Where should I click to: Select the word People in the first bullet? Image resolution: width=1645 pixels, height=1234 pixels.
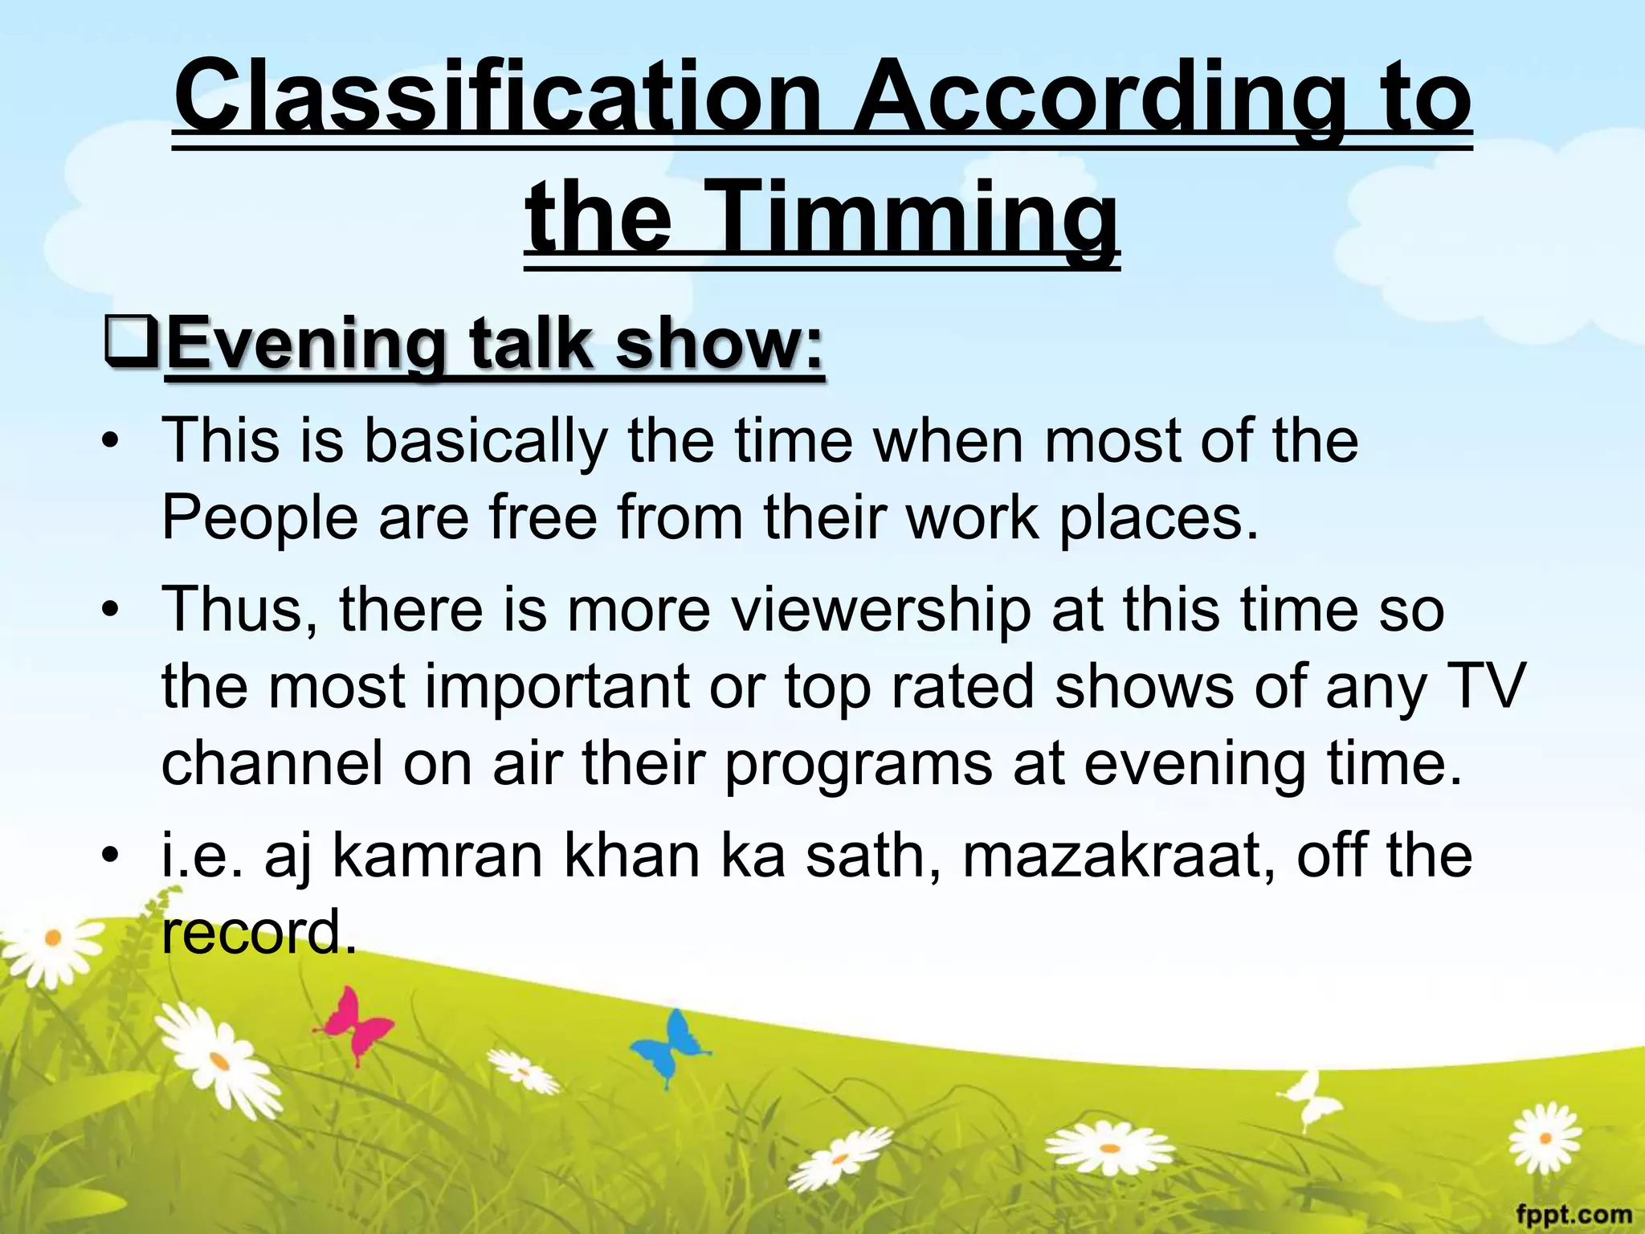click(259, 518)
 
